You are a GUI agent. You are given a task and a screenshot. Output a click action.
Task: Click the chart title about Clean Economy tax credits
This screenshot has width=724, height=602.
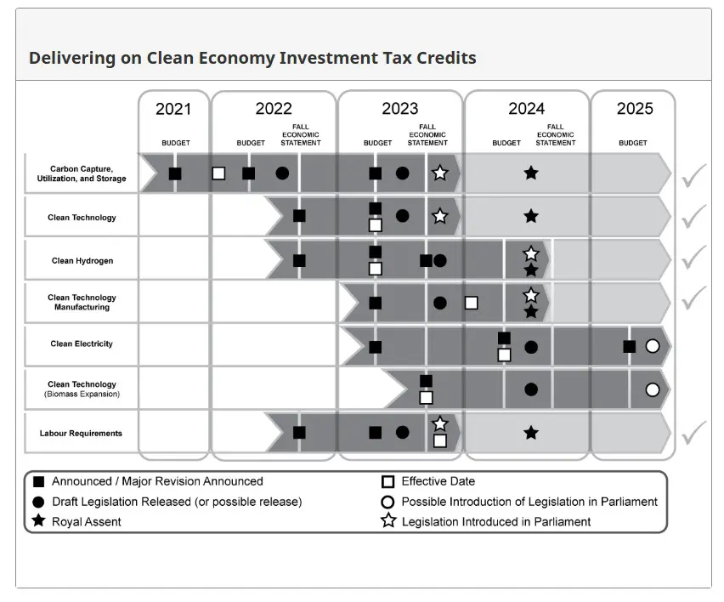(252, 58)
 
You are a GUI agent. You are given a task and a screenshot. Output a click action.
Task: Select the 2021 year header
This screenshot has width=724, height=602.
(173, 109)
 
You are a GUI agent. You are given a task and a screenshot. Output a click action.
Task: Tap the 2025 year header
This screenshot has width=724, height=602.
(634, 109)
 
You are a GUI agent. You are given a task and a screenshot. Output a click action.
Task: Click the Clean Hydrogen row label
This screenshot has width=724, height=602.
(82, 261)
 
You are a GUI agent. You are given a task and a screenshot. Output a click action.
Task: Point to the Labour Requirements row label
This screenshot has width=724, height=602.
(81, 434)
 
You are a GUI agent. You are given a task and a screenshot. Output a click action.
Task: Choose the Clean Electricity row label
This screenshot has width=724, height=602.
(82, 344)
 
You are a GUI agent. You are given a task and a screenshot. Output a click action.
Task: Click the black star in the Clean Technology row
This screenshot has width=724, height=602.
(531, 216)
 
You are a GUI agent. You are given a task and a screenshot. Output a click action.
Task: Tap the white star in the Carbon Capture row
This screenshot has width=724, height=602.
(439, 173)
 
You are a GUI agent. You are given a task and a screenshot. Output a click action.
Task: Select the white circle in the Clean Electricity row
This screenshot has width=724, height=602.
(653, 346)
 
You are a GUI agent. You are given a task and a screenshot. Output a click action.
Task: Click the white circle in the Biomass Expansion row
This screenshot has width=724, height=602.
(653, 389)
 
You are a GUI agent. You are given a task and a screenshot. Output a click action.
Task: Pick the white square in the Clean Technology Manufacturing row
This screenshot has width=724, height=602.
(472, 303)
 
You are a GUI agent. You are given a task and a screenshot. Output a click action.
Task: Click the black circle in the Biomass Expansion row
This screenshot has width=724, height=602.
(531, 389)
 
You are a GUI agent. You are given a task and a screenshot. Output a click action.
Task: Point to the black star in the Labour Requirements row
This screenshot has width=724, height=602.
(531, 433)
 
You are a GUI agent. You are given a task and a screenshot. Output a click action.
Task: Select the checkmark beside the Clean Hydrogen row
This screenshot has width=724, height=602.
(693, 257)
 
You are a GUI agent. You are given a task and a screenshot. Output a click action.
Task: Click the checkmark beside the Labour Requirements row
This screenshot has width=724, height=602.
(693, 432)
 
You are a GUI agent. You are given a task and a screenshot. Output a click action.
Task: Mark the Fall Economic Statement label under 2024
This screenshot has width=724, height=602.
(556, 135)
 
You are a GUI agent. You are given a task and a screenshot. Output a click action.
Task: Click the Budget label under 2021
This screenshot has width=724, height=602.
(176, 143)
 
